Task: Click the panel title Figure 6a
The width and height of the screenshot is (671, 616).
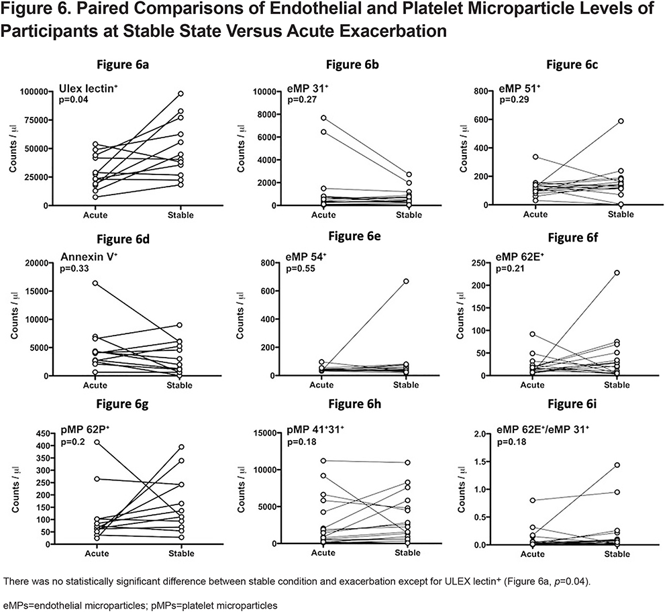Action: click(x=122, y=64)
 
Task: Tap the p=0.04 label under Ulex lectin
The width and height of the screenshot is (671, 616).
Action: click(x=74, y=99)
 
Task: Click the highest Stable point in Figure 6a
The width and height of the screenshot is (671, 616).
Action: click(x=180, y=93)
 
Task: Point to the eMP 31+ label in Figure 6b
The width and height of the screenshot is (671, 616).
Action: click(x=305, y=89)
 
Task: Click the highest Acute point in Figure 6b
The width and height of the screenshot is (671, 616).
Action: click(x=323, y=117)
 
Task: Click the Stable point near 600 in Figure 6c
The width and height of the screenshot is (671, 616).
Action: click(x=621, y=121)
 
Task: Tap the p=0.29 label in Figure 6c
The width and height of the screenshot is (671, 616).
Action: click(x=514, y=100)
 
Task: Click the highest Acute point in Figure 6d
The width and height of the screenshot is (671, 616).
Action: click(x=95, y=283)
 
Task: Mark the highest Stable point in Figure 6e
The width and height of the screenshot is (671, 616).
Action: click(x=406, y=281)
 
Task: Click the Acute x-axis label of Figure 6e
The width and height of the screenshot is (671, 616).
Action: click(x=321, y=385)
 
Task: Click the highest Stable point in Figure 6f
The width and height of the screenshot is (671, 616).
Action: click(x=617, y=272)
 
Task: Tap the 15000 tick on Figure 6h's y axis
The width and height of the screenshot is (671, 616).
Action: click(x=264, y=433)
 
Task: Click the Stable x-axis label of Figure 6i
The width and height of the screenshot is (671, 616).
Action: click(x=617, y=554)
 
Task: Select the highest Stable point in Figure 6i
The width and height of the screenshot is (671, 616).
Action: click(x=617, y=465)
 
